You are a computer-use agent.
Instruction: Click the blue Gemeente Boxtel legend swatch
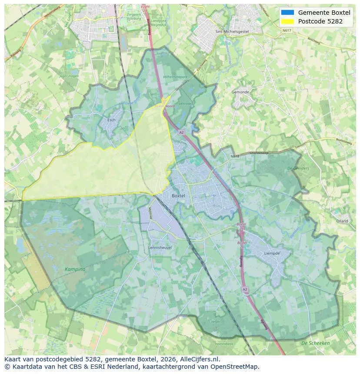[288, 13]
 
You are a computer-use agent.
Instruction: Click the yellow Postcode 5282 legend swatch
[288, 21]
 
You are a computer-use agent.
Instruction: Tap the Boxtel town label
[178, 196]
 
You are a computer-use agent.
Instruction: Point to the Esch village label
[111, 119]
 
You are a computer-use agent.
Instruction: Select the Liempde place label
[271, 253]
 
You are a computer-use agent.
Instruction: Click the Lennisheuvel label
[160, 247]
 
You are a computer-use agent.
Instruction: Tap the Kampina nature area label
[75, 269]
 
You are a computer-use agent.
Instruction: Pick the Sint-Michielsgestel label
[232, 32]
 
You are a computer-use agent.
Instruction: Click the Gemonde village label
[240, 92]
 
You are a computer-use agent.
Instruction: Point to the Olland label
[342, 221]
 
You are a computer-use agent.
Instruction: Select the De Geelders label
[298, 169]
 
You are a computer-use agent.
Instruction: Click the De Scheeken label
[316, 343]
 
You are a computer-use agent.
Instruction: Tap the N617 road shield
[286, 30]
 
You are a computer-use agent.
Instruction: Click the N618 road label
[235, 156]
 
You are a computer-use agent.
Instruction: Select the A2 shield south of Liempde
[245, 288]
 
